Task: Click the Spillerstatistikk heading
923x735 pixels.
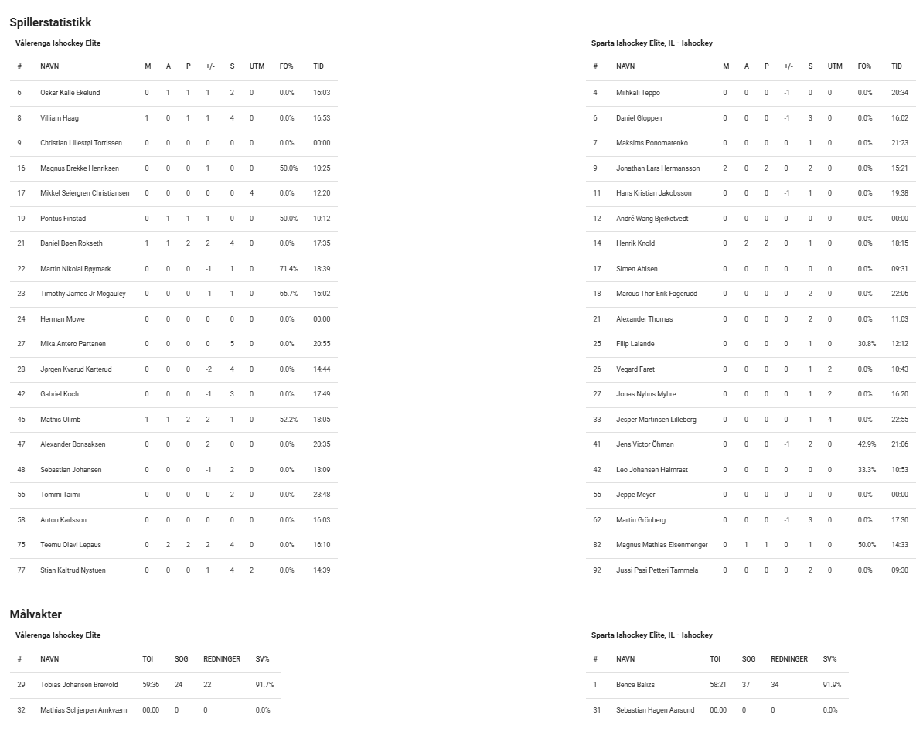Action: coord(50,22)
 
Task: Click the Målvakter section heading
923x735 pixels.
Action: coord(36,614)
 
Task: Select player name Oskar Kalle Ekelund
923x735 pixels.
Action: coord(70,93)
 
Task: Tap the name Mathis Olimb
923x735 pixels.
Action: coord(60,420)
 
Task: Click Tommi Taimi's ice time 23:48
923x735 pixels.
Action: coord(322,495)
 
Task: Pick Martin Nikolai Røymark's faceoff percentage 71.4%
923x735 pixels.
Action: coord(288,269)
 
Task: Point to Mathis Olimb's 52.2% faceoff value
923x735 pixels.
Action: coord(288,420)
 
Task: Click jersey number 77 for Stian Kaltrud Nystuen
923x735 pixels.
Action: coord(21,570)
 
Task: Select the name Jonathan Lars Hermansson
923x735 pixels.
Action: coord(658,168)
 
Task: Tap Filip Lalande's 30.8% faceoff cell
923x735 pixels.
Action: coord(867,344)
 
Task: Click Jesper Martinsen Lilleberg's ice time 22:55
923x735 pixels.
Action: coord(900,420)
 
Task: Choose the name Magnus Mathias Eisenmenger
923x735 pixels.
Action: coord(662,545)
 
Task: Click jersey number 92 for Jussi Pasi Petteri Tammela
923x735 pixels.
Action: coord(597,570)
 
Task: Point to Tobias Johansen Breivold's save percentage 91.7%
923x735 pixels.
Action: coord(264,685)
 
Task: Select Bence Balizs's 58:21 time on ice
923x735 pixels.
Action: coord(718,685)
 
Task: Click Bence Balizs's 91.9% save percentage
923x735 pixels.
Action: coord(832,685)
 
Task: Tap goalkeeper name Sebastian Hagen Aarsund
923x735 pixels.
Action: coord(655,710)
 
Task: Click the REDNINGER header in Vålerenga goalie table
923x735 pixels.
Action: coord(222,659)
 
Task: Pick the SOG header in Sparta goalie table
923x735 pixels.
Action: coord(748,659)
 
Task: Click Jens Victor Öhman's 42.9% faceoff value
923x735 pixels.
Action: coord(867,444)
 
